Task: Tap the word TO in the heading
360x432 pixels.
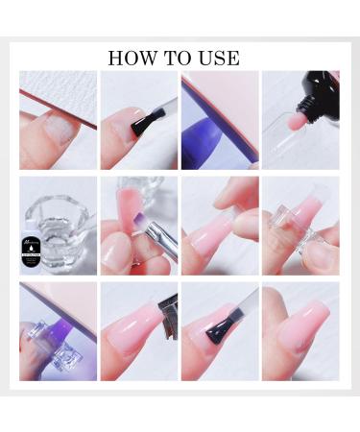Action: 175,58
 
